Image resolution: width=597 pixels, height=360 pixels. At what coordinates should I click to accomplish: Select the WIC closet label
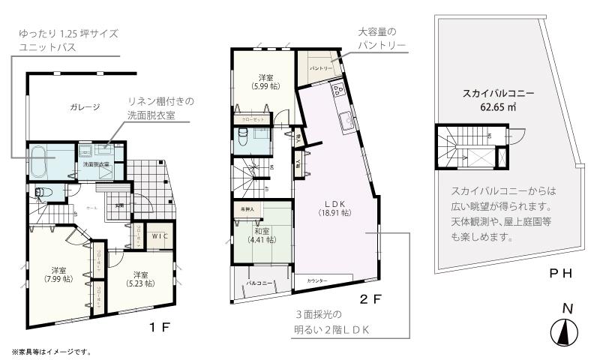pos(157,236)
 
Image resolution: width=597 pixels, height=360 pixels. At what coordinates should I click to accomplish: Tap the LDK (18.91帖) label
pos(334,208)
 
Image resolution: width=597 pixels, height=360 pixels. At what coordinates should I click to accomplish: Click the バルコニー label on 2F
pos(258,283)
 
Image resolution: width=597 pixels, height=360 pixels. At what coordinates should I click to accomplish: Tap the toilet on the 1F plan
pos(42,192)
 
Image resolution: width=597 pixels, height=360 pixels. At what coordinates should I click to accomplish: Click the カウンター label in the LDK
pos(317,280)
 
